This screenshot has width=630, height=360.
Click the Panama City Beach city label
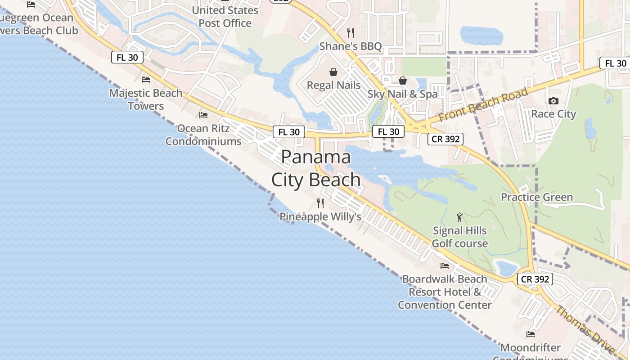coord(316,168)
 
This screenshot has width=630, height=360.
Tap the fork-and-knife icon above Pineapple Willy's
coord(320,203)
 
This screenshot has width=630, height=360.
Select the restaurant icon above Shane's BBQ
coord(351,32)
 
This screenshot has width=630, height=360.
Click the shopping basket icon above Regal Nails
coord(333,72)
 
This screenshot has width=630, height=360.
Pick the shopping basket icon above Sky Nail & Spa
coord(403,81)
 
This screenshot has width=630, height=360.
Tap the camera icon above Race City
coord(553,101)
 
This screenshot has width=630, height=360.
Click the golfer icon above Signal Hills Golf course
coord(459,217)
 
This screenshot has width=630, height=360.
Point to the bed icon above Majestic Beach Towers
coord(146,80)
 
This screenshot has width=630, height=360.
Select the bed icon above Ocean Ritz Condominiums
coord(203,115)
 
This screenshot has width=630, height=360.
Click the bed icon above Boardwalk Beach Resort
coord(445,265)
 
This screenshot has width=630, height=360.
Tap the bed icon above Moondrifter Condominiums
coord(531,334)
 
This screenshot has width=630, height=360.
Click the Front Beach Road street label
coord(483,105)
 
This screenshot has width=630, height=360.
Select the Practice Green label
coord(537,197)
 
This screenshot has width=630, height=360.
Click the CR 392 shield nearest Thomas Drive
coord(535,279)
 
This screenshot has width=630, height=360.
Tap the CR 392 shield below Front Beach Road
coord(445,139)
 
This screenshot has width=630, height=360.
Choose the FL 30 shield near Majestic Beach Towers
coord(127,57)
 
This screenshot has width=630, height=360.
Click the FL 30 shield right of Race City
coord(616,63)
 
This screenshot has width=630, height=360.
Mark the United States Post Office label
coord(225,17)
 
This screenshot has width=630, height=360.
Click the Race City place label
coord(553,114)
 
